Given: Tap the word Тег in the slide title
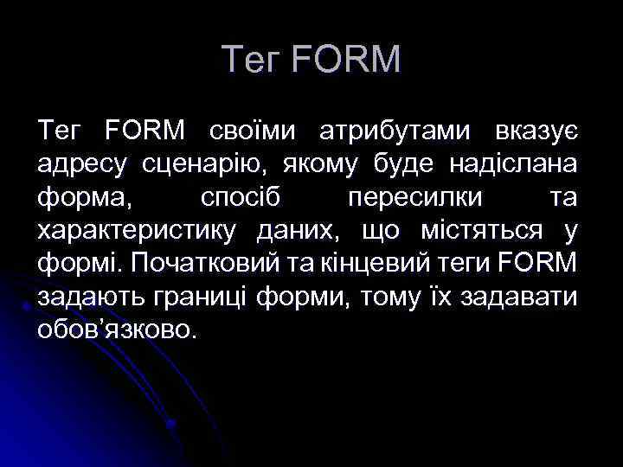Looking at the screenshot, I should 251,60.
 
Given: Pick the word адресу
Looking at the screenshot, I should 85,165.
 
